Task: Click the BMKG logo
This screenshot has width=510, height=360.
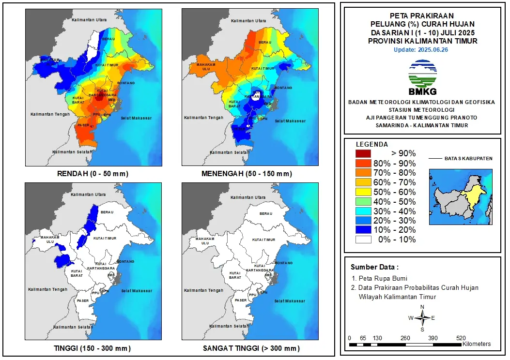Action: [422, 77]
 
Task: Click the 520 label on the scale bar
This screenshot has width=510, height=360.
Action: [461, 338]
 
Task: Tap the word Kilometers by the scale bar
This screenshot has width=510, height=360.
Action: [477, 344]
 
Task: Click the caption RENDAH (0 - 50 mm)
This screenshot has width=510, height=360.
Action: [94, 174]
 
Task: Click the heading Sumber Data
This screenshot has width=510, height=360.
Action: [374, 267]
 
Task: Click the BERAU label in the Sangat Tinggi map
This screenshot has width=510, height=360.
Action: [265, 213]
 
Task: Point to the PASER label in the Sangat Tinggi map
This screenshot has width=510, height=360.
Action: [240, 300]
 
